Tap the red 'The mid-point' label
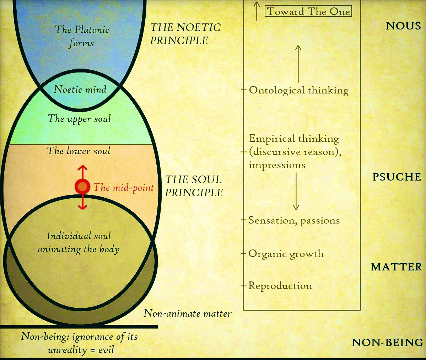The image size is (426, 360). pyautogui.click(x=123, y=188)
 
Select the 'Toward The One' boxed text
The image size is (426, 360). pyautogui.click(x=308, y=11)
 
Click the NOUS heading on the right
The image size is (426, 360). pyautogui.click(x=403, y=26)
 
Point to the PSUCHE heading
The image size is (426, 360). pyautogui.click(x=397, y=177)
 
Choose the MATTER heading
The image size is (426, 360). pyautogui.click(x=396, y=267)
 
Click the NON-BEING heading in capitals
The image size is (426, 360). pyautogui.click(x=388, y=343)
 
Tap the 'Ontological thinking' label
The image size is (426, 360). pyautogui.click(x=298, y=90)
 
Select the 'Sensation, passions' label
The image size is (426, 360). pyautogui.click(x=294, y=220)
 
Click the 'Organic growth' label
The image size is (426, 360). pyautogui.click(x=286, y=254)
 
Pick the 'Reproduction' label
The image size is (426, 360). pyautogui.click(x=280, y=286)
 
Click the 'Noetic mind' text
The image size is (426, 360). pyautogui.click(x=80, y=89)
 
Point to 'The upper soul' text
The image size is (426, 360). pyautogui.click(x=79, y=118)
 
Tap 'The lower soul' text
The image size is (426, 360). pyautogui.click(x=79, y=151)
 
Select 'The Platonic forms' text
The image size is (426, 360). pyautogui.click(x=82, y=36)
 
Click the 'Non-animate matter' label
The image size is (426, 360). pyautogui.click(x=188, y=313)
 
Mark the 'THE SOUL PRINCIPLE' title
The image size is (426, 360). pyautogui.click(x=194, y=186)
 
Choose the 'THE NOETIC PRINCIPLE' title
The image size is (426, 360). pyautogui.click(x=185, y=34)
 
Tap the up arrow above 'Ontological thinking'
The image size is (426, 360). pyautogui.click(x=298, y=64)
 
